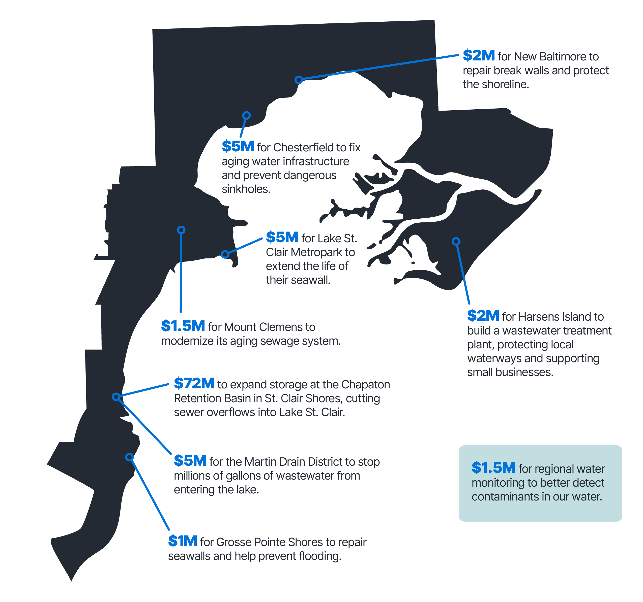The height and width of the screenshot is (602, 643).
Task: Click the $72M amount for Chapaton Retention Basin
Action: tap(194, 384)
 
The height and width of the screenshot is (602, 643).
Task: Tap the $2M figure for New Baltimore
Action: tap(479, 56)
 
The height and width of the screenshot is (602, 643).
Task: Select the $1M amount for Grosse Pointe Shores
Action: tap(182, 541)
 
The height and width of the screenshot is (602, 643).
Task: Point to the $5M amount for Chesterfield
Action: tap(238, 147)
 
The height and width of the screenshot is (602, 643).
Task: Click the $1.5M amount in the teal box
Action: tap(493, 468)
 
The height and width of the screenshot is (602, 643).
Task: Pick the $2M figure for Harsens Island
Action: tap(483, 316)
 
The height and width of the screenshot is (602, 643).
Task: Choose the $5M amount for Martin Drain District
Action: tap(190, 461)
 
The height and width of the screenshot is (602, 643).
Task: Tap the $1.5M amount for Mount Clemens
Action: tap(183, 326)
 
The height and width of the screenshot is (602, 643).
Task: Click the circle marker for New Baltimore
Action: tap(299, 80)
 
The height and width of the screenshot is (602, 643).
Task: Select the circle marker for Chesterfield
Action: tap(246, 115)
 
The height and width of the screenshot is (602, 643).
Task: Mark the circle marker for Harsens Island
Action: tap(456, 241)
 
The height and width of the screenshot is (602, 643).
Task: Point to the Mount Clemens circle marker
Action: tap(181, 230)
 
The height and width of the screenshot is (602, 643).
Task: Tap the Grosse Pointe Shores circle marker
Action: tap(129, 457)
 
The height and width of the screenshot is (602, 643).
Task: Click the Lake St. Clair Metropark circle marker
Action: tap(225, 254)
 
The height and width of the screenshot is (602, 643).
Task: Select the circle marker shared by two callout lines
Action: tap(116, 396)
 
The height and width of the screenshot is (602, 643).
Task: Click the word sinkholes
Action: tap(246, 189)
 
